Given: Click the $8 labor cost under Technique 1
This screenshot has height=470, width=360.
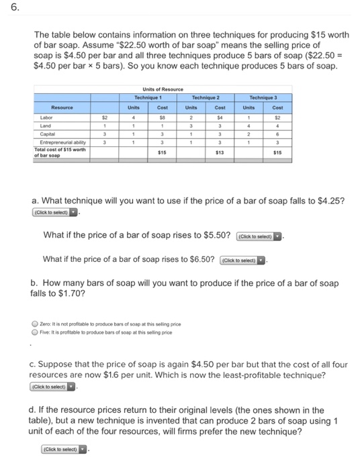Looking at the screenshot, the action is pos(162,116).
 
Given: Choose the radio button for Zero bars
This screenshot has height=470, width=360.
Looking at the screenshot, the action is pos(36,324).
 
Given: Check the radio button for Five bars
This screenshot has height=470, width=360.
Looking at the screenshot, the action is pos(36,332).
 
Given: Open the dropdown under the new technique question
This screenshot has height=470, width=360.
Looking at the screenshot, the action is pos(65,448).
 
